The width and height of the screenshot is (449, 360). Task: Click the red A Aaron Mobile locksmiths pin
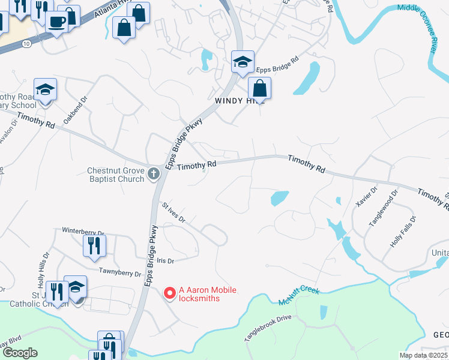pos(169,293)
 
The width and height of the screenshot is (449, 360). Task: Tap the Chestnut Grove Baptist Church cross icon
pos(154,174)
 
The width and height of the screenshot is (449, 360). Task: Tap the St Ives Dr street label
pos(174,212)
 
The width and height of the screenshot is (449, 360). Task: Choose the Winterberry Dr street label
pos(83,231)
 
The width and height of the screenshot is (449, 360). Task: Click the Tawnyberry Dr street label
pos(120,272)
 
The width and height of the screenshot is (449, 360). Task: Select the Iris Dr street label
pos(165,261)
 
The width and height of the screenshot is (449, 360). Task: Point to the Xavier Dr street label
pos(366,196)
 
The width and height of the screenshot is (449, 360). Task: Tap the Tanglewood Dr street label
pos(383,208)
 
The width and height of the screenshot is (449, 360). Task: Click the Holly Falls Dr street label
pos(403,232)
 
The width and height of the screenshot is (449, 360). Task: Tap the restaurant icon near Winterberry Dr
pos(95,245)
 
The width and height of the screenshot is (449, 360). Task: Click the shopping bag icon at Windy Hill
pos(259,88)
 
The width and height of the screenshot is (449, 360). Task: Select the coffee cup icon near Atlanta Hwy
pos(58,22)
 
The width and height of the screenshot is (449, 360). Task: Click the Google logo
pos(20,353)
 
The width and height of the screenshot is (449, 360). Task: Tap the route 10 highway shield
pos(27,44)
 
